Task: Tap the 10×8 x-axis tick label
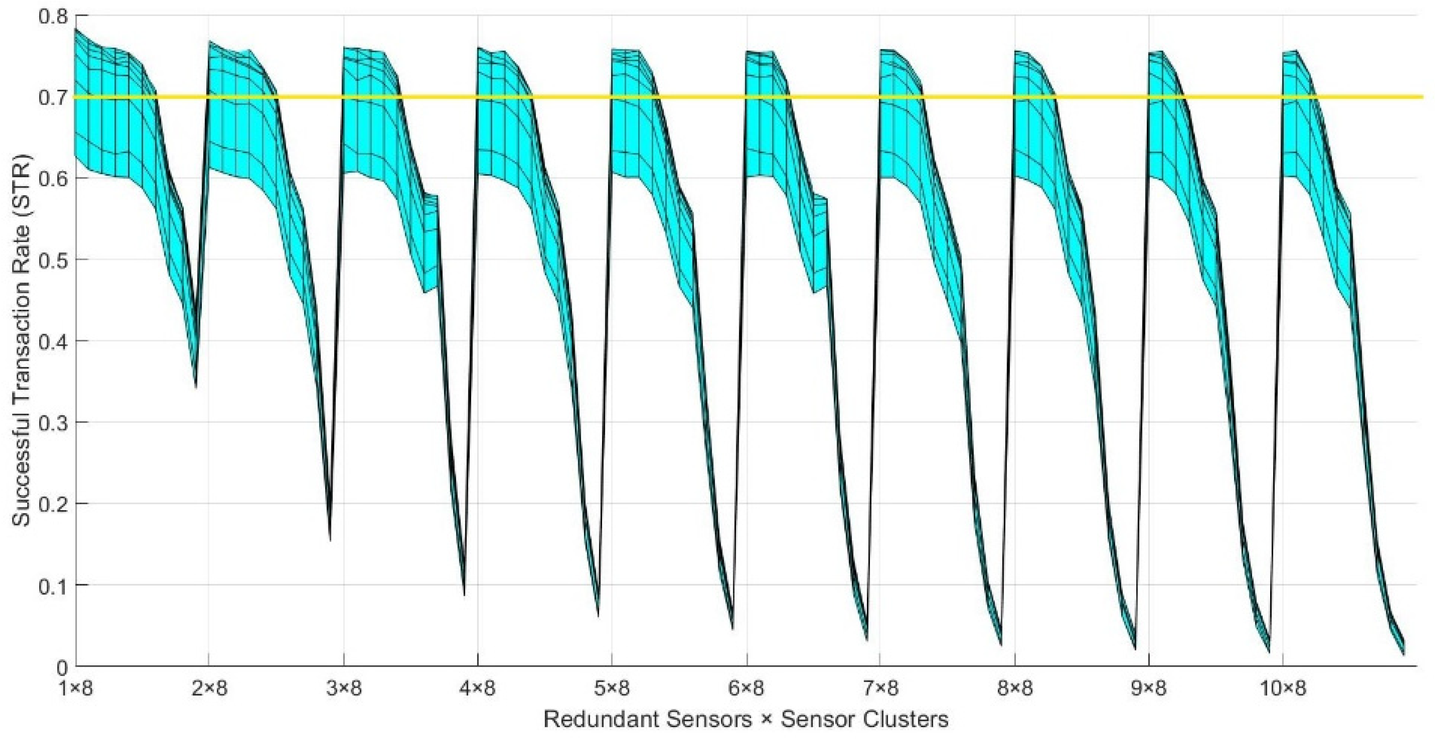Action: [x=1283, y=689]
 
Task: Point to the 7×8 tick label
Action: [x=880, y=689]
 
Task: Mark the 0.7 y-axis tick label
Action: [x=53, y=97]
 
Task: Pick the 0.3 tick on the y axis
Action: [x=53, y=422]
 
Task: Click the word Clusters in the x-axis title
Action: [x=914, y=719]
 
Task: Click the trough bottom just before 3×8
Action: [x=331, y=540]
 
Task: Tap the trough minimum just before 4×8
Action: [x=464, y=595]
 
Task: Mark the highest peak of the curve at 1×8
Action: [x=75, y=29]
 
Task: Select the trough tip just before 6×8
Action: [x=732, y=629]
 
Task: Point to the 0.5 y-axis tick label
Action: [x=53, y=260]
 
